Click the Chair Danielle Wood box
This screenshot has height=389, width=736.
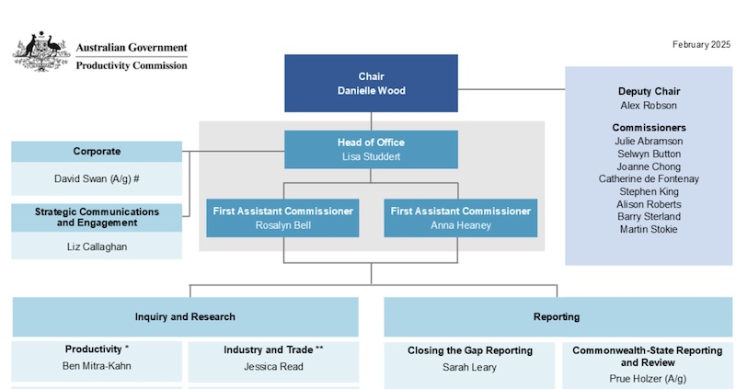pyautogui.click(x=371, y=83)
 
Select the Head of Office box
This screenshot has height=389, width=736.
pyautogui.click(x=371, y=149)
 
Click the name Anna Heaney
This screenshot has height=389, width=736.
pyautogui.click(x=460, y=224)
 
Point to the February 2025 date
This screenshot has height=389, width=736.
pyautogui.click(x=702, y=44)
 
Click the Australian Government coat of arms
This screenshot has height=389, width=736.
pyautogui.click(x=40, y=52)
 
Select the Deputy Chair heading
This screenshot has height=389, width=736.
pyautogui.click(x=649, y=92)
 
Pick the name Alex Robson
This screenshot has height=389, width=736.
pyautogui.click(x=649, y=106)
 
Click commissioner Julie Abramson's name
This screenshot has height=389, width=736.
pyautogui.click(x=649, y=142)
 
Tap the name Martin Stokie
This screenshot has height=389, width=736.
pyautogui.click(x=649, y=229)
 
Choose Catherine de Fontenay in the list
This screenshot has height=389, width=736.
pyautogui.click(x=649, y=178)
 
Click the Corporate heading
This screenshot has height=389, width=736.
pyautogui.click(x=97, y=152)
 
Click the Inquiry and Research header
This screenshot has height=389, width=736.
pyautogui.click(x=185, y=316)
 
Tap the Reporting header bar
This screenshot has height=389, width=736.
pyautogui.click(x=557, y=316)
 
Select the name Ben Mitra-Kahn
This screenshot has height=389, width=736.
pyautogui.click(x=97, y=366)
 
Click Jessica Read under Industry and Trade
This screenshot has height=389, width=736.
pyautogui.click(x=273, y=366)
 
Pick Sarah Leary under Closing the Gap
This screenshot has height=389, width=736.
pyautogui.click(x=469, y=367)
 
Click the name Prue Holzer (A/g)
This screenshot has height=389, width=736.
pyautogui.click(x=648, y=378)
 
